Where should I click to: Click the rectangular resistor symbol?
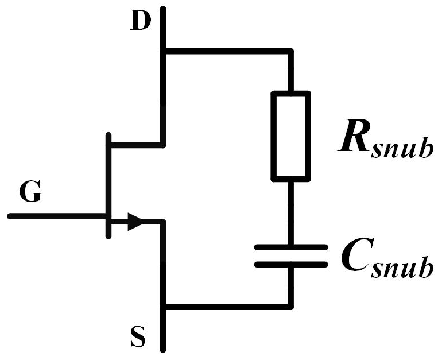point(290,136)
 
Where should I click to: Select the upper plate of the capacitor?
point(290,247)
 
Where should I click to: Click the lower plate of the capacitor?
point(290,265)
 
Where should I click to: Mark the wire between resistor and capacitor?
point(290,212)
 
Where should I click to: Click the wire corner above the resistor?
point(290,53)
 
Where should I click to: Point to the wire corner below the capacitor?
point(290,306)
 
